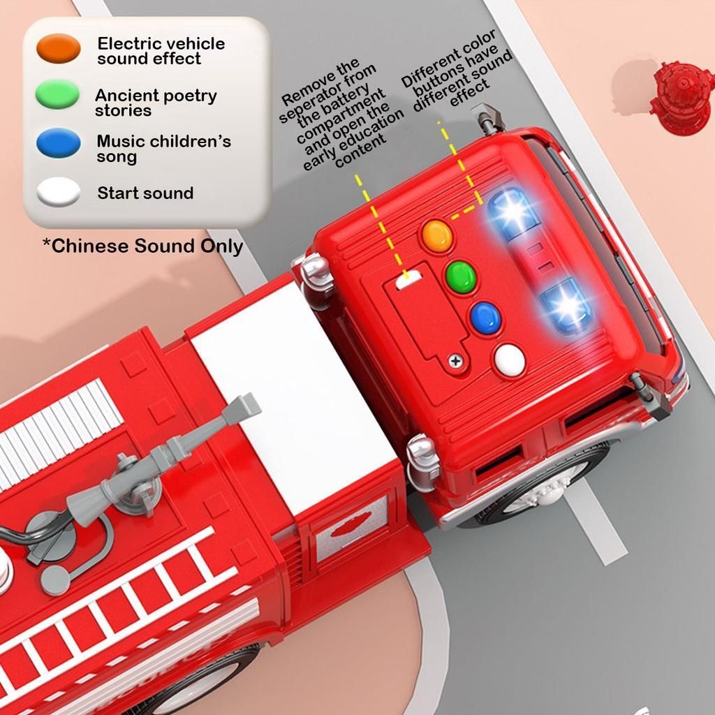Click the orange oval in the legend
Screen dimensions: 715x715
click(x=59, y=48)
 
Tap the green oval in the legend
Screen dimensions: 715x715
click(x=57, y=94)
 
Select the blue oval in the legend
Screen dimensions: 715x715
click(x=59, y=142)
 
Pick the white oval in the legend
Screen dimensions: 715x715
click(x=59, y=192)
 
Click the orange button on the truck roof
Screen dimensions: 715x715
click(x=437, y=236)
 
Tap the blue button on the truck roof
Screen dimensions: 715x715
click(x=486, y=318)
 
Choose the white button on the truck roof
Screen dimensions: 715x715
click(x=510, y=360)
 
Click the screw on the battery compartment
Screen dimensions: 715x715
click(x=455, y=361)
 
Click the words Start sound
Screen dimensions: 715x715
click(x=145, y=193)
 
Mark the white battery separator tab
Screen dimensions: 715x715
click(x=408, y=279)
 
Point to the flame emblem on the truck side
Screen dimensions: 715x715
click(x=350, y=525)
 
